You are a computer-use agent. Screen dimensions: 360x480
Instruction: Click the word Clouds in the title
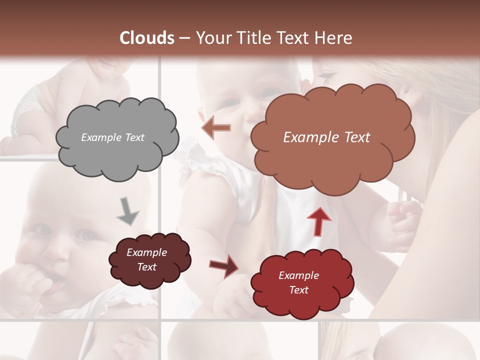coord(147,38)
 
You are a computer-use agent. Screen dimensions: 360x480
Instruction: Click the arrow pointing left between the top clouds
coord(216,128)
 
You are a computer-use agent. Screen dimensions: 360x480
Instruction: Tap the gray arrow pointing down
coord(128,212)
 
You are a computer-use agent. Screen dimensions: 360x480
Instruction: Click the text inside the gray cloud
coord(112,137)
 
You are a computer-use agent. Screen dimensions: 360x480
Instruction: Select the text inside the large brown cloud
coord(326,137)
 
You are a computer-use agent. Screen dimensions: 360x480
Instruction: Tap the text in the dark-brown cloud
coord(146,259)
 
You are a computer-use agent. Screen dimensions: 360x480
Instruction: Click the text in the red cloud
coord(298,282)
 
